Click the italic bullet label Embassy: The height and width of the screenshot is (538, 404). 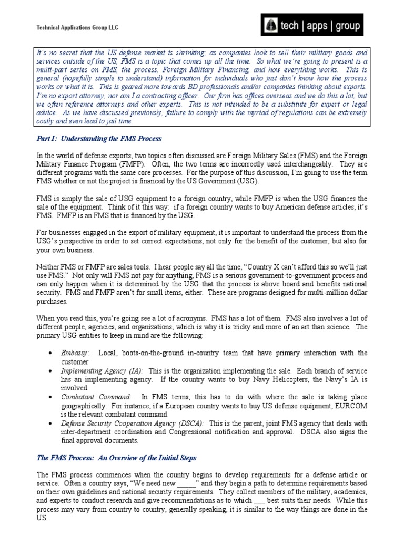click(x=75, y=353)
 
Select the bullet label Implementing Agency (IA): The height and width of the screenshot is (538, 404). click(x=102, y=370)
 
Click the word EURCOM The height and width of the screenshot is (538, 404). click(x=349, y=406)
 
